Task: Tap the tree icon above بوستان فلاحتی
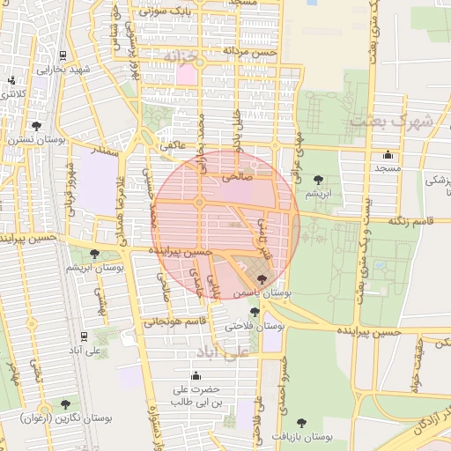click(255, 312)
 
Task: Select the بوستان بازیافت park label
click(303, 436)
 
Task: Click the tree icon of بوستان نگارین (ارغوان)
click(65, 404)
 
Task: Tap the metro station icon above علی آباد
click(83, 335)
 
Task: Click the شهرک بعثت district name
click(381, 121)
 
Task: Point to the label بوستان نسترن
click(33, 139)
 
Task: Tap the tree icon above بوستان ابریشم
click(95, 255)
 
